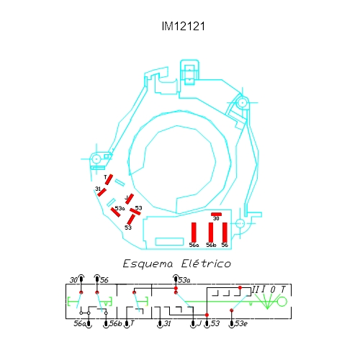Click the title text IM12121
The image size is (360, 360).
pos(184,26)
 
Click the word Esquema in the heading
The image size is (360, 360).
pos(148,264)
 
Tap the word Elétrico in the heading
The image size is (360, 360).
pos(206,264)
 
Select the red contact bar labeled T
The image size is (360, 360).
pos(109,179)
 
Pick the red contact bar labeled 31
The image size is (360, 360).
pos(102,192)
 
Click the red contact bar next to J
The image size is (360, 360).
pos(130,199)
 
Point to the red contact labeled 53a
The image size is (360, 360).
pos(115,212)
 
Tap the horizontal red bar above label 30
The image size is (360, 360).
pos(216,214)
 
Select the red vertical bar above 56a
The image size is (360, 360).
pos(194,232)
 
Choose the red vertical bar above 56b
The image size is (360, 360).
pos(211,232)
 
